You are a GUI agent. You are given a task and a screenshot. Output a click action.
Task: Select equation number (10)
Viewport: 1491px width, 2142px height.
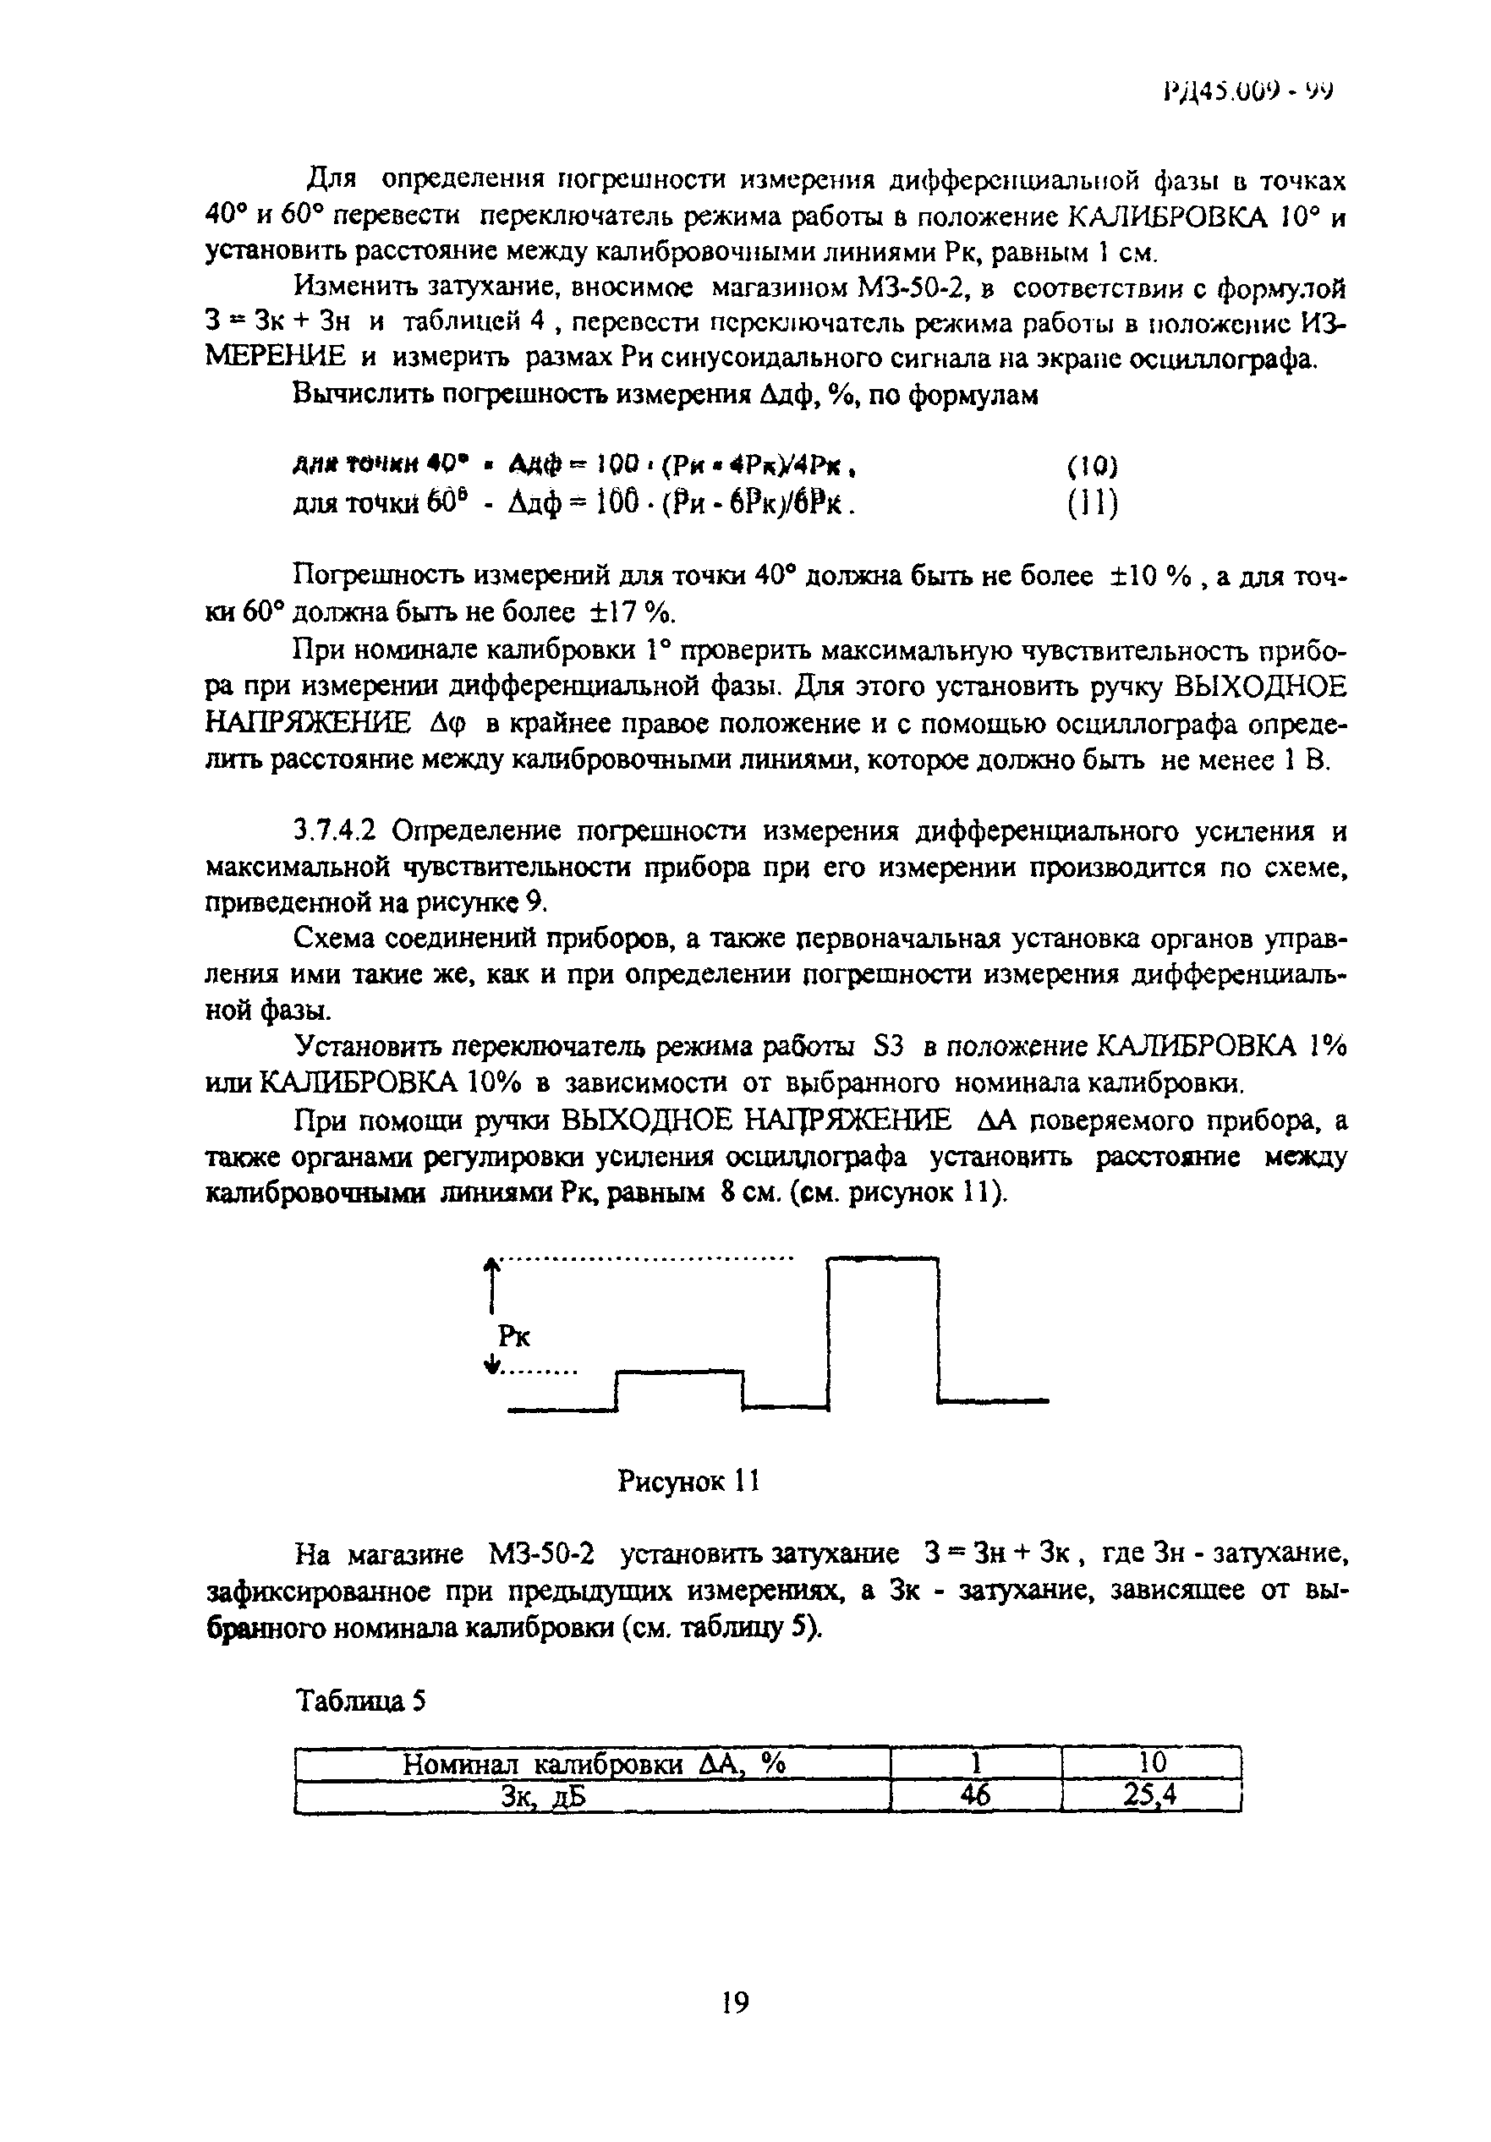(x=1091, y=466)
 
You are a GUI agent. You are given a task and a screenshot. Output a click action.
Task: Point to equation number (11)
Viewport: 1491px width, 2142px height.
(x=1091, y=505)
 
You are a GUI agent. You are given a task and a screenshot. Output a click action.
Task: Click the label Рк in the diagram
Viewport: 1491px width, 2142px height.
(x=514, y=1337)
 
